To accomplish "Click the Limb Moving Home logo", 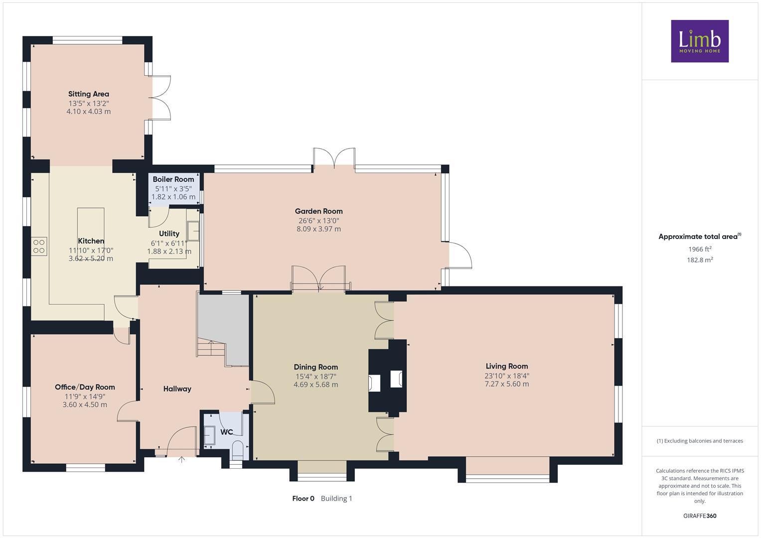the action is click(x=700, y=41).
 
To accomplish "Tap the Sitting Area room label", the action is click(x=89, y=94).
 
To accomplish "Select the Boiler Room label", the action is click(x=173, y=179).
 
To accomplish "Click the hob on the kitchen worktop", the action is click(x=39, y=247).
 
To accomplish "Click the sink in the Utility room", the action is click(x=193, y=231).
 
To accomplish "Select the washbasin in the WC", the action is click(x=209, y=435).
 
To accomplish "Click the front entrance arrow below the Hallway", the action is click(x=182, y=459).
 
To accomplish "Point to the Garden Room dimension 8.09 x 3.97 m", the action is click(x=318, y=229).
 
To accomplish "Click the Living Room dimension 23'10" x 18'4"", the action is click(x=507, y=376).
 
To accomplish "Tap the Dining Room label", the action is click(x=316, y=367).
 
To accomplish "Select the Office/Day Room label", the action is click(x=85, y=387).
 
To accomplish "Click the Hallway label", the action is click(x=177, y=389).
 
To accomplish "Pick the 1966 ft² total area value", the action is click(x=700, y=249).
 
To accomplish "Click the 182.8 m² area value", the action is click(x=700, y=260).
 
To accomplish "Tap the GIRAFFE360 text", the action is click(x=700, y=516).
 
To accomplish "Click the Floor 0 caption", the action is click(x=304, y=499).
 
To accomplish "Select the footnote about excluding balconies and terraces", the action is click(x=700, y=441).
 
